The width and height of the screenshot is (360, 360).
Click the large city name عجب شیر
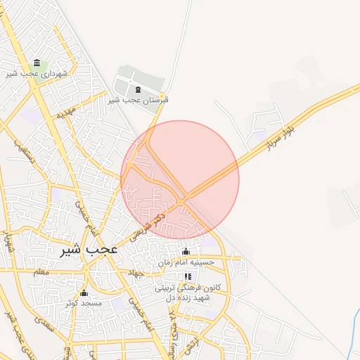coord(89,249)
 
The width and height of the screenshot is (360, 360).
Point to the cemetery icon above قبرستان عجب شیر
coord(137,89)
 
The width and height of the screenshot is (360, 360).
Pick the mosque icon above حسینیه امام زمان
coord(186,251)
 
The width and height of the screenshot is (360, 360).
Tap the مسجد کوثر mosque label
coord(84,302)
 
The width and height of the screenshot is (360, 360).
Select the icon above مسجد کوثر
coord(84,292)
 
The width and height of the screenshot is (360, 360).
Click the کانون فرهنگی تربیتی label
coord(188,288)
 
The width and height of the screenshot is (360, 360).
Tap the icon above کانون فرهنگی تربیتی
coord(188,278)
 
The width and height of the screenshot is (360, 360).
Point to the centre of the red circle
coord(180,180)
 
